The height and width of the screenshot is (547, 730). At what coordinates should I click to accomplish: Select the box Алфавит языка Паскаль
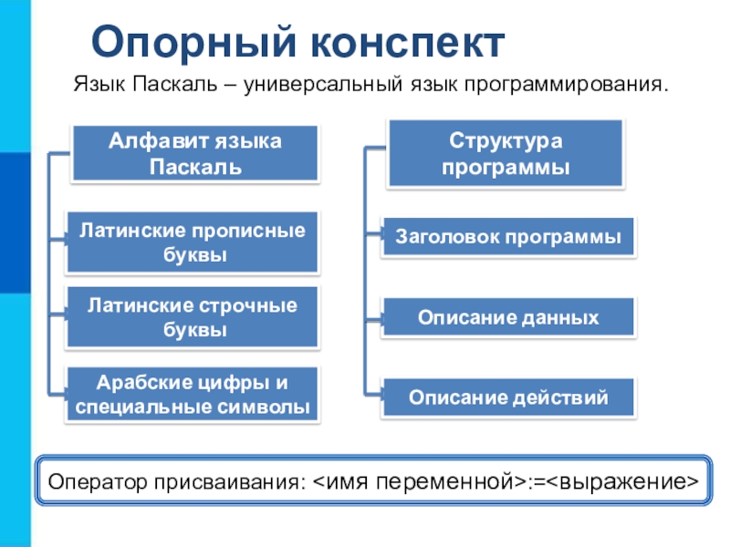click(x=195, y=153)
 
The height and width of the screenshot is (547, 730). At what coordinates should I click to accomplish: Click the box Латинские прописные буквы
click(x=193, y=243)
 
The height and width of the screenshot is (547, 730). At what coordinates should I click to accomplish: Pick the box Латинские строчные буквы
click(x=193, y=316)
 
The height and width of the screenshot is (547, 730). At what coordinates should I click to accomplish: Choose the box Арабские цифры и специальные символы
click(x=193, y=393)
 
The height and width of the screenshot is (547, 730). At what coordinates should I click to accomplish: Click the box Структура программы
click(x=506, y=153)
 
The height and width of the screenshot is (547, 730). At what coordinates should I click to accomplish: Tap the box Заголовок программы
click(x=508, y=236)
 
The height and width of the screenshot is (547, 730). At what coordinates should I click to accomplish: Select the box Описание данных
click(x=508, y=317)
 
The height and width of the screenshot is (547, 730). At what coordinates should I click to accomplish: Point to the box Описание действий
click(x=508, y=397)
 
